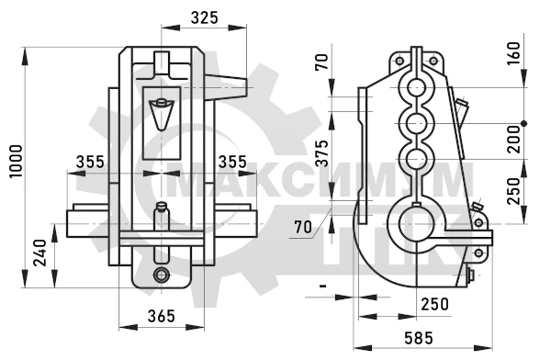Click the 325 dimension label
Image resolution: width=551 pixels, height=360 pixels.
(x=204, y=17)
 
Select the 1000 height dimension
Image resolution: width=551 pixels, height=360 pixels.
(x=17, y=162)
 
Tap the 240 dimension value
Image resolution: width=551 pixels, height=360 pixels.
(x=39, y=253)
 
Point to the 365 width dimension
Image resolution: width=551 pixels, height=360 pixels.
(x=162, y=316)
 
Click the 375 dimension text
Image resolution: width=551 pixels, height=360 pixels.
(x=321, y=153)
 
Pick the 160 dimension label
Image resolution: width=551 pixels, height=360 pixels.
(x=513, y=53)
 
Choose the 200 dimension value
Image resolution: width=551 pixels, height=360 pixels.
(x=513, y=140)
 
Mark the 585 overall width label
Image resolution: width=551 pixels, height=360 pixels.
(x=419, y=338)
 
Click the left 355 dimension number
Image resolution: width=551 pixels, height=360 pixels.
(x=90, y=162)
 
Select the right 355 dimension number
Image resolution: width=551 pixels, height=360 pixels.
(x=232, y=162)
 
